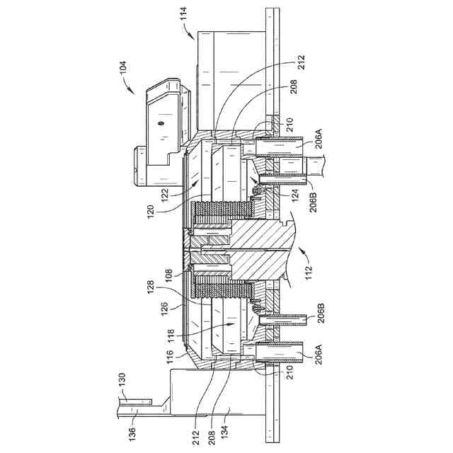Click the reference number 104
pyautogui.click(x=122, y=67)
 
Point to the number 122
pyautogui.click(x=166, y=196)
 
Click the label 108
pyautogui.click(x=168, y=275)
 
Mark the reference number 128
pyautogui.click(x=151, y=287)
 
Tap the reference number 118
pyautogui.click(x=171, y=335)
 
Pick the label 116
pyautogui.click(x=169, y=356)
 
